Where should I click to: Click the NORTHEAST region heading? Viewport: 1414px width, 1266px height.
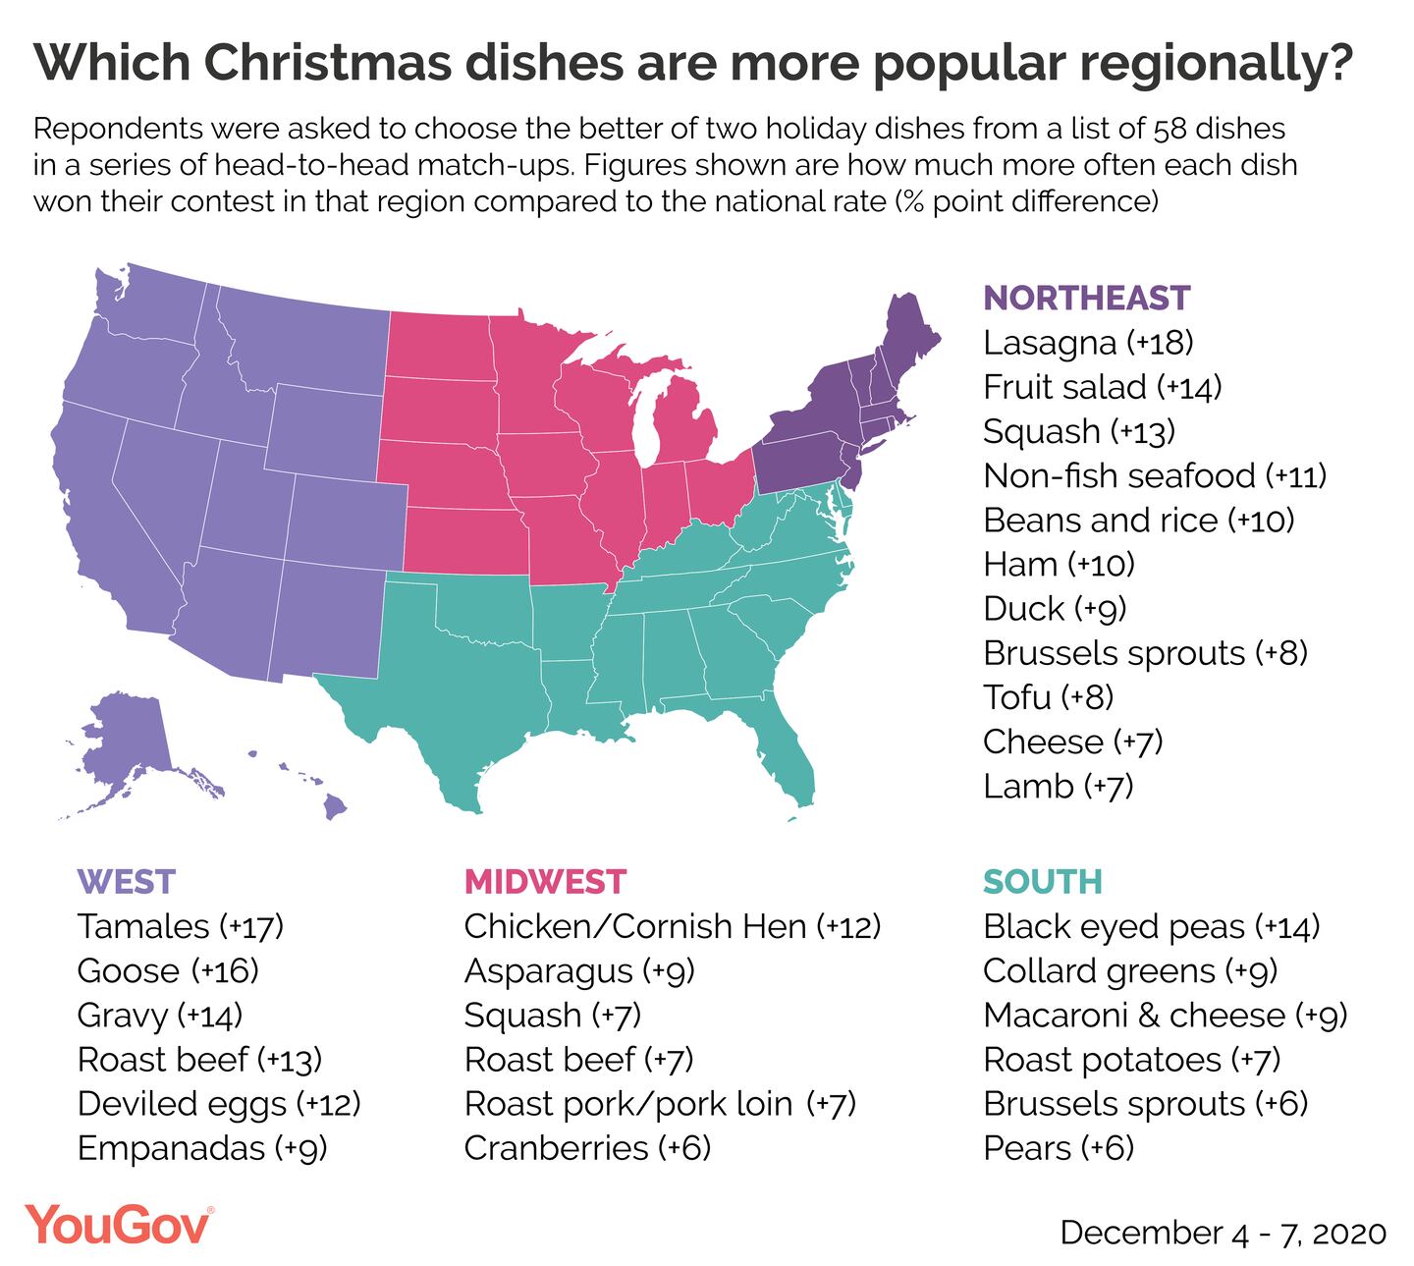[1086, 298]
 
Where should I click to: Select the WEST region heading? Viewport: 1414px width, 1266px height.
[126, 881]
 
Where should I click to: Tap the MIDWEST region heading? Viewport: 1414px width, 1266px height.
[544, 881]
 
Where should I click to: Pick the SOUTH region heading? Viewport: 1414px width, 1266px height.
[1042, 881]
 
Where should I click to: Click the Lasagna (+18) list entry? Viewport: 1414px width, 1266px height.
[1088, 343]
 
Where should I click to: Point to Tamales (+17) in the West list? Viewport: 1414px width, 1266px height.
[181, 926]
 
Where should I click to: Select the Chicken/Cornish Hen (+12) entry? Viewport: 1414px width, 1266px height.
[672, 926]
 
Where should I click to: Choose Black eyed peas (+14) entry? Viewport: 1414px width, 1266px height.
[1151, 926]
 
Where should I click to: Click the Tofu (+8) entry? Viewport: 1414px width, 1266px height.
[1048, 697]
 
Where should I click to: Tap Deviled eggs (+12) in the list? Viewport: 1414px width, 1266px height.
[219, 1104]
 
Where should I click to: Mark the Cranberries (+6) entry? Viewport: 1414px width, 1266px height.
[586, 1148]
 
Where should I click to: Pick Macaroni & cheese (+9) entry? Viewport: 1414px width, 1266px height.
[1165, 1016]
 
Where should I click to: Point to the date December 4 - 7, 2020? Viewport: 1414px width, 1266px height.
[1223, 1233]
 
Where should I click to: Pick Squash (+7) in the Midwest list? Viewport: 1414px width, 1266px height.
[552, 1016]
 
